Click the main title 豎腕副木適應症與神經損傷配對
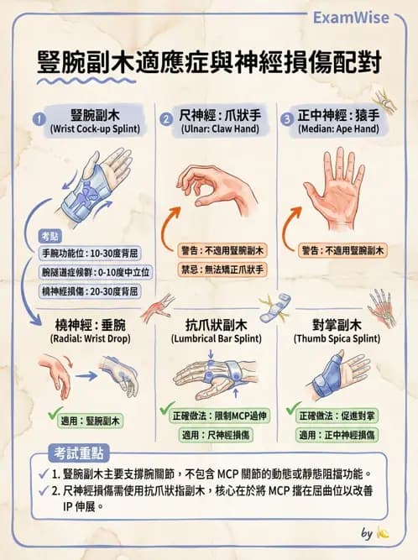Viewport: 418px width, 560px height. coord(209,62)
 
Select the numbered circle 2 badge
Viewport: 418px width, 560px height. coord(166,118)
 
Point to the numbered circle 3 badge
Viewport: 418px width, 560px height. coord(288,118)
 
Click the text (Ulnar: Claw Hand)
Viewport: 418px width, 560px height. coord(217,130)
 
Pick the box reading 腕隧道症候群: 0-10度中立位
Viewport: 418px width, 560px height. coord(90,271)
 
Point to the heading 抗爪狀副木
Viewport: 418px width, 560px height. coord(217,325)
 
